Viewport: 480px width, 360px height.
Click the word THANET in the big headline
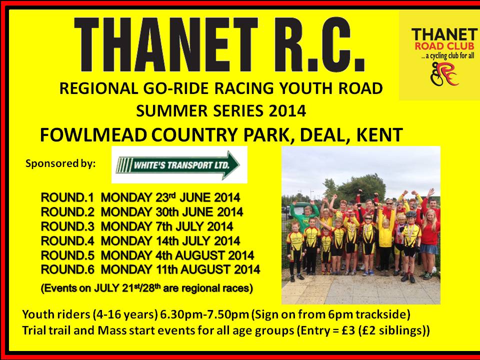tap(166, 44)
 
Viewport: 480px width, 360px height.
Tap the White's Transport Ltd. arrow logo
tap(178, 165)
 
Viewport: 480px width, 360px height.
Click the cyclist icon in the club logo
tap(444, 74)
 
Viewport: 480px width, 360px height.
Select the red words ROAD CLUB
tap(444, 46)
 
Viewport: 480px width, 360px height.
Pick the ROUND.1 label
tap(67, 197)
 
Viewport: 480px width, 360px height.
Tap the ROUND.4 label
tap(67, 241)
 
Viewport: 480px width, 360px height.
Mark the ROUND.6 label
tap(67, 269)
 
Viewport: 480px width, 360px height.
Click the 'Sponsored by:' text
tap(60, 164)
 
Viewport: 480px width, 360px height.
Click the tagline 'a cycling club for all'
tap(447, 56)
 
